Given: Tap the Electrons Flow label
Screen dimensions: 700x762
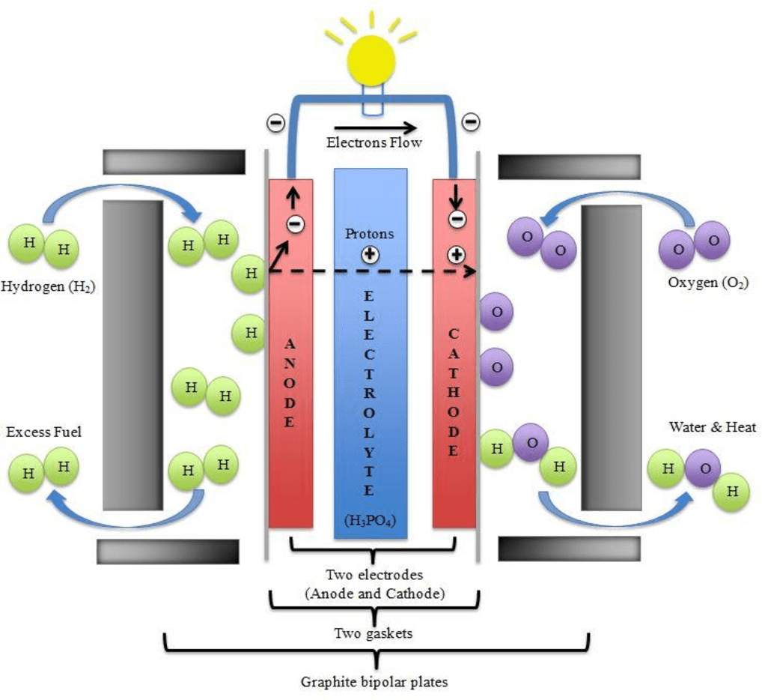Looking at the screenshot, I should click(372, 142).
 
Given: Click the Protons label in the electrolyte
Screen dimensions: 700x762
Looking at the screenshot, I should click(369, 234).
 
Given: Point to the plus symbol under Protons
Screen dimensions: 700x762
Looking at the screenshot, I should click(369, 255).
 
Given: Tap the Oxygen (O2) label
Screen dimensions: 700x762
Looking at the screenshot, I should click(708, 283).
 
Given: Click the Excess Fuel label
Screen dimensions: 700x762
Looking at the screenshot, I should click(43, 432).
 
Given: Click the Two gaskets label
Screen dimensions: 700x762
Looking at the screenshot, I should click(372, 633).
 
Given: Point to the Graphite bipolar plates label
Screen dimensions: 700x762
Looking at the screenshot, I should click(374, 682).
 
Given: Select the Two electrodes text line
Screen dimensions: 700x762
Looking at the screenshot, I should click(374, 576).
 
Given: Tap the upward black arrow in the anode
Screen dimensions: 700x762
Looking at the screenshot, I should click(293, 198).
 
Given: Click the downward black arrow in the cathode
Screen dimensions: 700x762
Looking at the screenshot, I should click(454, 198).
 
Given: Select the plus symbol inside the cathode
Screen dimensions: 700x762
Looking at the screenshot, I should click(456, 254).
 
